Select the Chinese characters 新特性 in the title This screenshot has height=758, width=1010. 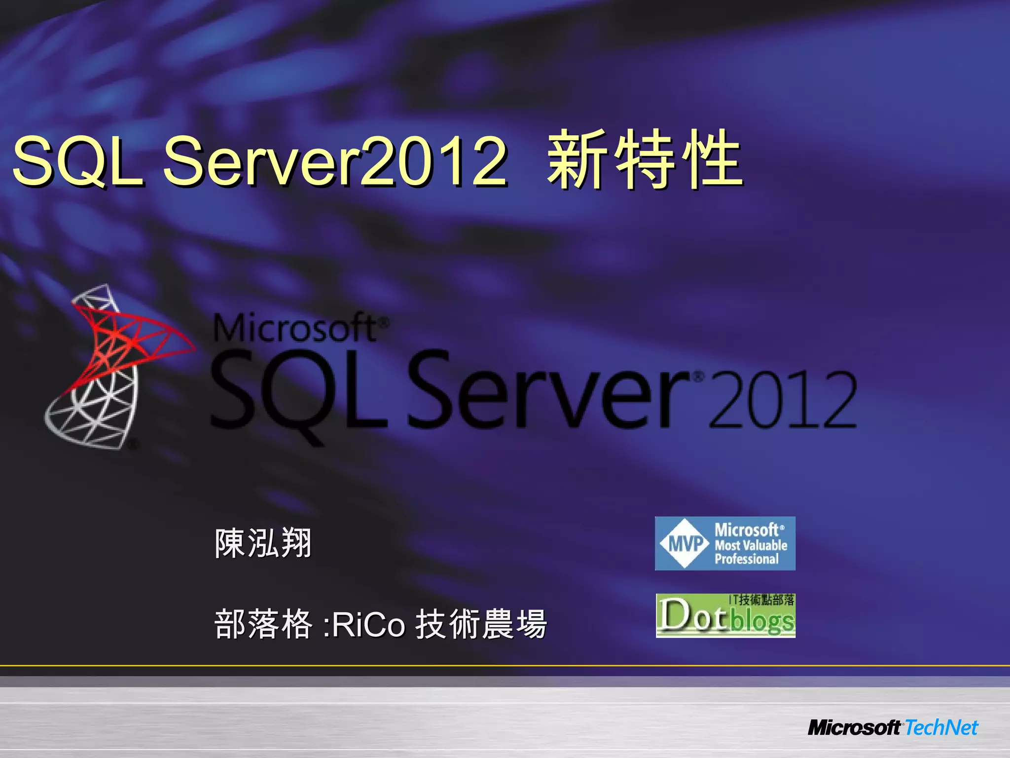(644, 160)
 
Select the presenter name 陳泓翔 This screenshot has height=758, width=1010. (263, 543)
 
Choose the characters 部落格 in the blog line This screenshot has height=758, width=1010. (263, 624)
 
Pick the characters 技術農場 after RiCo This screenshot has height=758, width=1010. (481, 624)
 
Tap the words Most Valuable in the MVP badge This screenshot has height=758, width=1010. (751, 545)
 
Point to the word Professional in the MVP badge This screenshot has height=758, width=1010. (747, 559)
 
